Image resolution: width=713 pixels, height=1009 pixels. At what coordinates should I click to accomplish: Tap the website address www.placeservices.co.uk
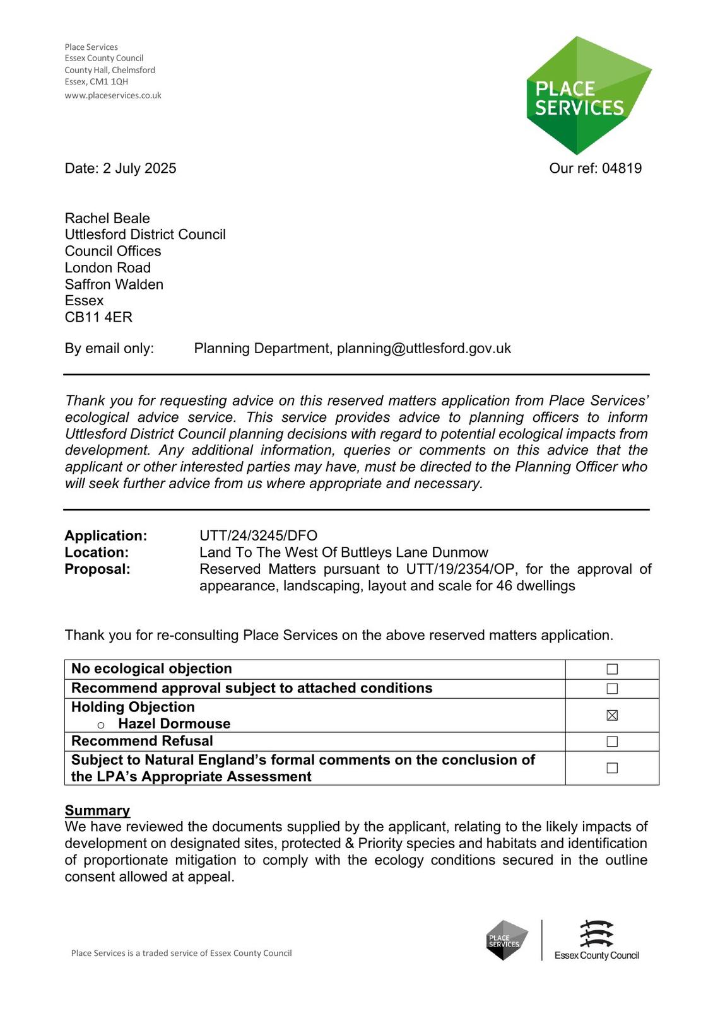tap(113, 96)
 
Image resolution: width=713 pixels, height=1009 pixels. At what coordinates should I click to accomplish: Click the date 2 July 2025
tap(139, 168)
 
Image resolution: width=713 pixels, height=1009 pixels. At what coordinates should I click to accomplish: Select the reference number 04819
tap(622, 168)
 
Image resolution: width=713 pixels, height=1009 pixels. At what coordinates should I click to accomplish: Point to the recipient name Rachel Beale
tap(107, 218)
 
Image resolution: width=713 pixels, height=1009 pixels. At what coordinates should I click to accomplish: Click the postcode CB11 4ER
tap(98, 317)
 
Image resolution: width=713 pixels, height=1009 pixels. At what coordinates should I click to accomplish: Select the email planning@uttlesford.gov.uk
tap(423, 349)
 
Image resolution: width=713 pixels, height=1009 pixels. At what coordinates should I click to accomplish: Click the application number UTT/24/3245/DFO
tap(258, 536)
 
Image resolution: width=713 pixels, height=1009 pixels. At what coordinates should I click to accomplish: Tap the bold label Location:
tap(97, 552)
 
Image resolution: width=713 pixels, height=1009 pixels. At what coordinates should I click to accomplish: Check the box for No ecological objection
tap(612, 669)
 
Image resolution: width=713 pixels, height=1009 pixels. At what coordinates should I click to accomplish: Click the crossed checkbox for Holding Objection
tap(612, 715)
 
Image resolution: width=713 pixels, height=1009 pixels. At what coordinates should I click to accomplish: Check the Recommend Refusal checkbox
tap(612, 742)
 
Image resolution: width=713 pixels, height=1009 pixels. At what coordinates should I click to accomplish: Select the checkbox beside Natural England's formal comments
tap(612, 768)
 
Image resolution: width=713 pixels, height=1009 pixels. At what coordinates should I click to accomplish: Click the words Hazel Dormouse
tap(174, 724)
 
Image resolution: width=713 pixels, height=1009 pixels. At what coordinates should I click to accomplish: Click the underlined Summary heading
tap(97, 810)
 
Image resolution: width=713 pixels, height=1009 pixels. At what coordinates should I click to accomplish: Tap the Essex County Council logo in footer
tap(596, 940)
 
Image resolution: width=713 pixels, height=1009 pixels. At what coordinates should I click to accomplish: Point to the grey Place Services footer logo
tap(507, 940)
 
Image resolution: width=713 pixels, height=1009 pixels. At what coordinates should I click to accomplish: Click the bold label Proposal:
tap(97, 569)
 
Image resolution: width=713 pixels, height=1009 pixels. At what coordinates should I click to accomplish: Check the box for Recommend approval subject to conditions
tap(612, 689)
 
